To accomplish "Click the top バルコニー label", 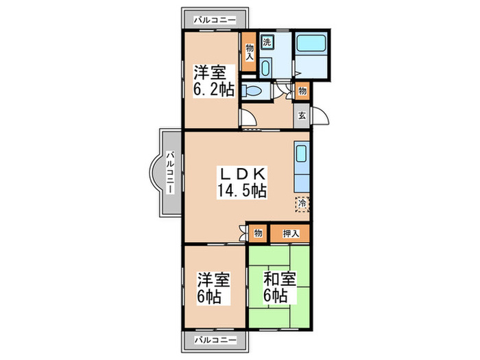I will tap(215, 20).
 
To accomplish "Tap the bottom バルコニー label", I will tap(215, 339).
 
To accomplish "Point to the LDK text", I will tap(241, 173).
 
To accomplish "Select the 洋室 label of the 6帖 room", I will tap(214, 280).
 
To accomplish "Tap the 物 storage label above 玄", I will tap(302, 90).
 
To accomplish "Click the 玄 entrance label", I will tap(302, 115).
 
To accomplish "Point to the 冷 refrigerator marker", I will tap(302, 204).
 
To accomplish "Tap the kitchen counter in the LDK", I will tap(302, 168).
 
